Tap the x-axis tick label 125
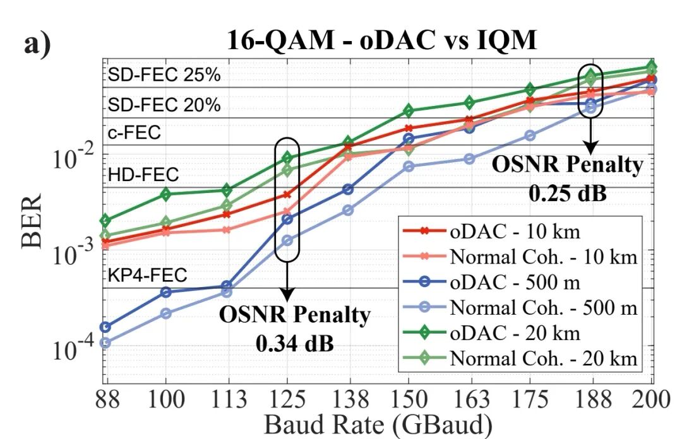coord(288,400)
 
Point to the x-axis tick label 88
coord(107,400)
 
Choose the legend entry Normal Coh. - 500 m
coord(543,308)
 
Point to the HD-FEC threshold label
coord(143,175)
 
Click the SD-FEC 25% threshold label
coord(164,76)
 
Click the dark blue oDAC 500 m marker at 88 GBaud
coord(106,327)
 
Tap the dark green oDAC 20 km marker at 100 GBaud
coord(165,194)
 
